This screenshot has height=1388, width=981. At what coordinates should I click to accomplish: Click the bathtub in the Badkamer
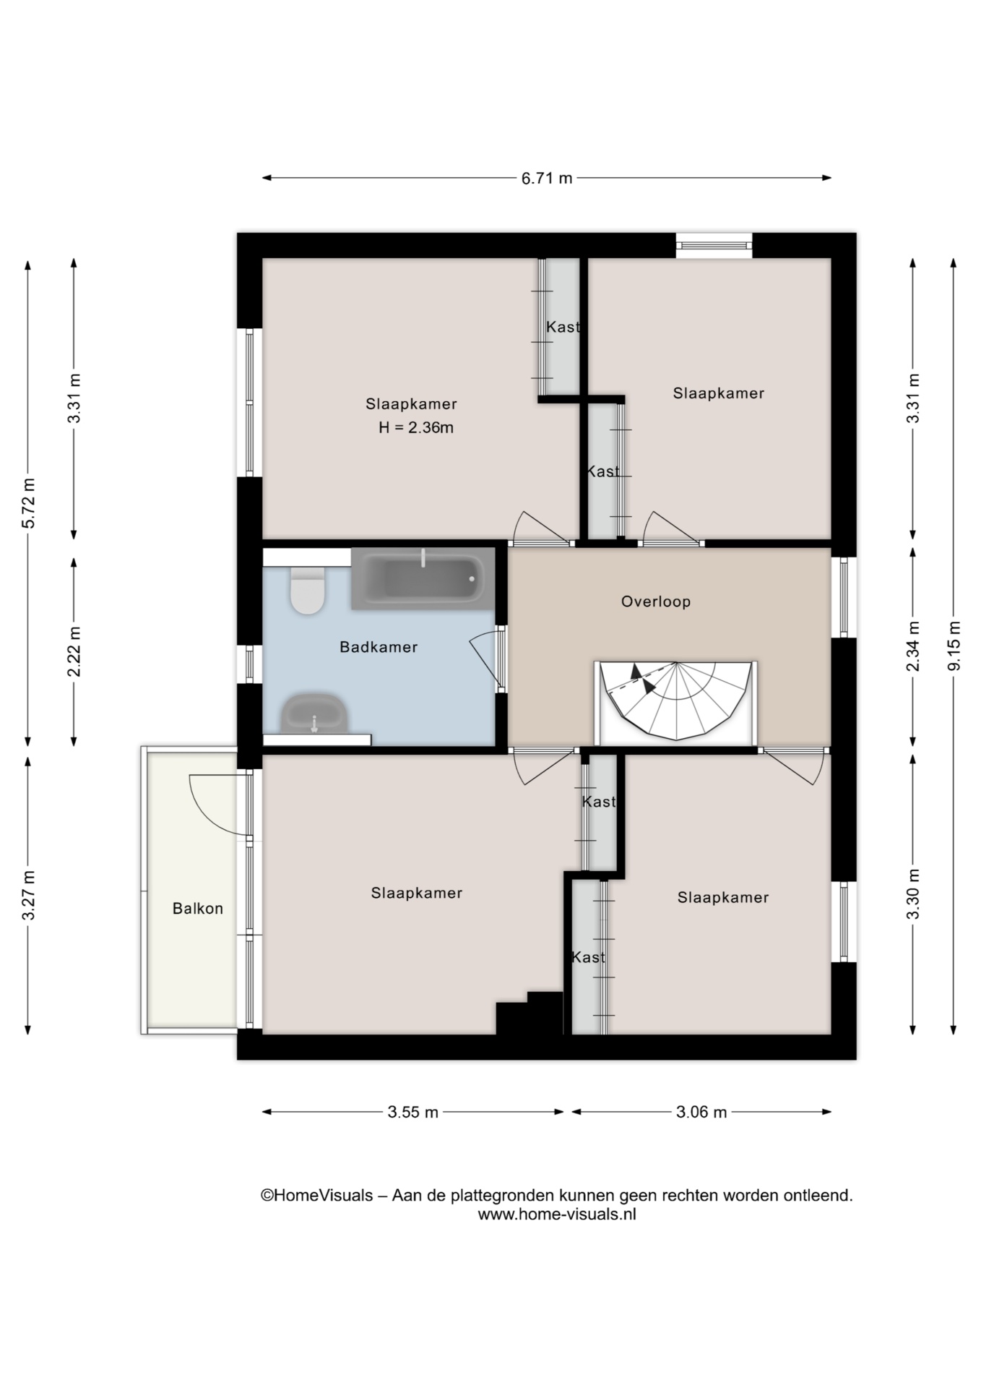click(x=423, y=578)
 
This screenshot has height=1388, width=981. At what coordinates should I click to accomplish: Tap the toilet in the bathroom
click(x=307, y=589)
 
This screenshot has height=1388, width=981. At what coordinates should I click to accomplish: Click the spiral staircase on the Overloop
click(x=675, y=702)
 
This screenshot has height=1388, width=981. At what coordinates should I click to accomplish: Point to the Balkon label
click(x=197, y=909)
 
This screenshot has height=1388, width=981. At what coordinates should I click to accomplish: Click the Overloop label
click(x=656, y=601)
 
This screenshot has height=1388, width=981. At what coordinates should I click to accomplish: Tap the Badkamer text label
click(x=379, y=647)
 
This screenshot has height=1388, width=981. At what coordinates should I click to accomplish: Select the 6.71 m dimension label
click(x=547, y=178)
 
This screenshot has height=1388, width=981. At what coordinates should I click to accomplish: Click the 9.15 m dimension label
click(x=954, y=646)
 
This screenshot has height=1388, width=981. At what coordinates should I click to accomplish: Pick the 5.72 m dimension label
click(x=28, y=503)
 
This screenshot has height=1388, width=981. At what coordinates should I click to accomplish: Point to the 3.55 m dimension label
click(x=412, y=1112)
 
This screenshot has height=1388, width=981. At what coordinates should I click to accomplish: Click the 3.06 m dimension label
click(x=701, y=1112)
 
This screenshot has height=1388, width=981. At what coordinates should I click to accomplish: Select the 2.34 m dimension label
click(x=913, y=646)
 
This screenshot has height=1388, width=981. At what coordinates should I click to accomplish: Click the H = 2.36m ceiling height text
click(x=416, y=427)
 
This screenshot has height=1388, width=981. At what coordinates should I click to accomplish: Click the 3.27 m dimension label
click(x=28, y=896)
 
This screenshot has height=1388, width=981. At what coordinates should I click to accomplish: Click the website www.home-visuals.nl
click(x=557, y=1214)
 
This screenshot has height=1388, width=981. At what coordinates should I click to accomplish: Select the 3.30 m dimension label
click(x=913, y=894)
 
